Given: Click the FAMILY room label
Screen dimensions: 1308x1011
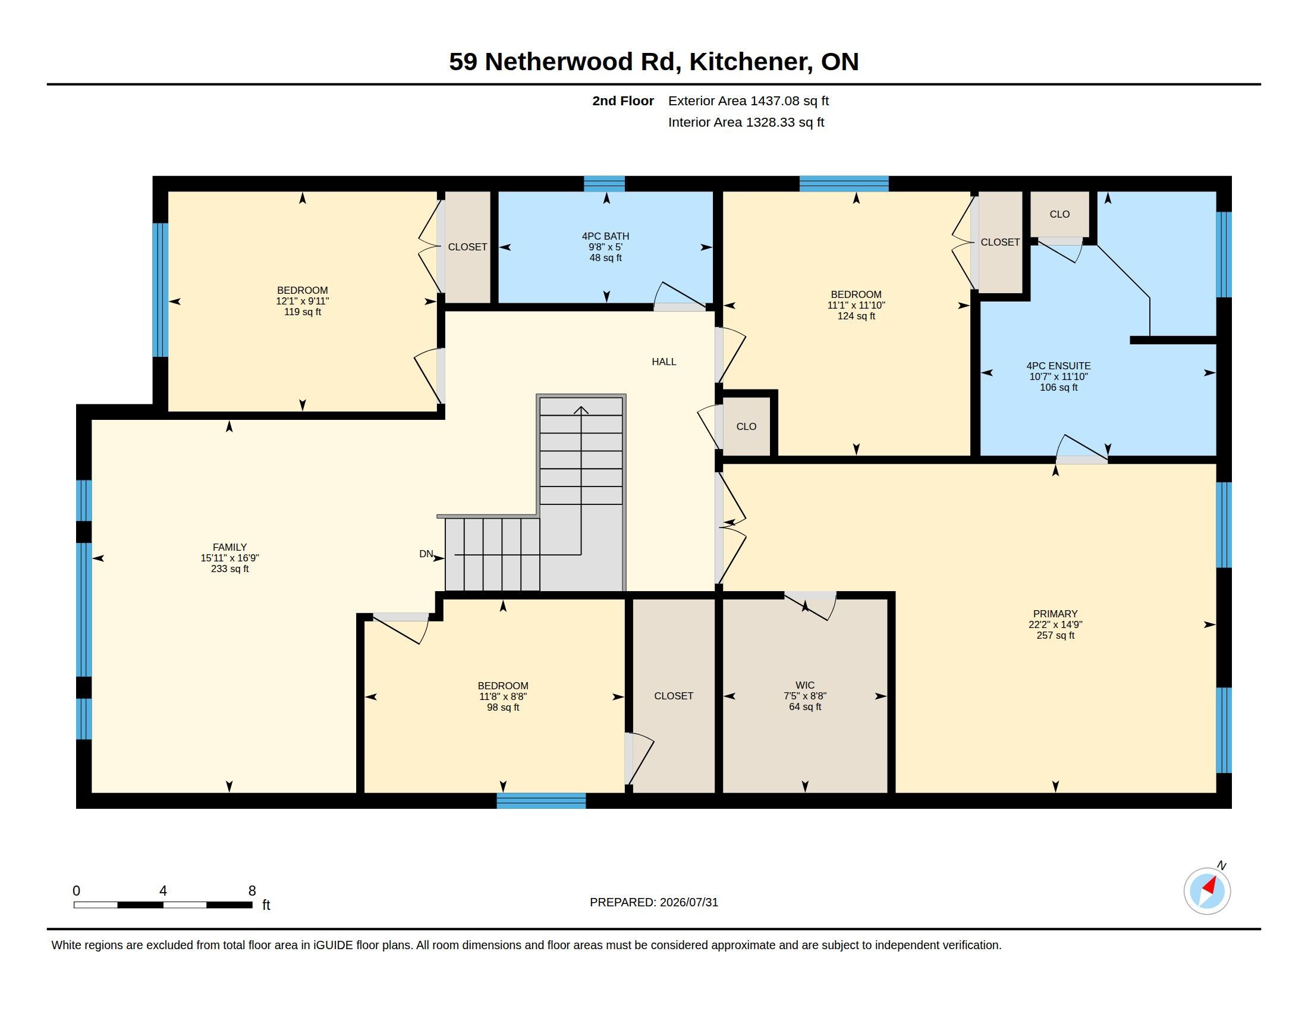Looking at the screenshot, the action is pos(229,547).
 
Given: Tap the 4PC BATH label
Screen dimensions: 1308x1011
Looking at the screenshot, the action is pos(605,236).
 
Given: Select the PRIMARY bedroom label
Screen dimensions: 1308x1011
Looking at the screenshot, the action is pos(1055,613).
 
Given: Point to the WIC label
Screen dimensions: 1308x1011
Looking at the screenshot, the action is pos(805,685).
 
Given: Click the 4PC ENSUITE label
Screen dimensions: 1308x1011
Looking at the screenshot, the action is pos(1058,366).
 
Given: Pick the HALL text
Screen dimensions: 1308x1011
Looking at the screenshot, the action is pos(664,362).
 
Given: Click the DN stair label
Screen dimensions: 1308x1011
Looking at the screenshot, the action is pos(426,554).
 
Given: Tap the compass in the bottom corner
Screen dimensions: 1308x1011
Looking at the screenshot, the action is pos(1207,891).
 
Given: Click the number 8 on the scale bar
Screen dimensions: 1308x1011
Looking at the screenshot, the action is pos(252,891).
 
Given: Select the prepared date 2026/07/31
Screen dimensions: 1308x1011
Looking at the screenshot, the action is pos(688,902).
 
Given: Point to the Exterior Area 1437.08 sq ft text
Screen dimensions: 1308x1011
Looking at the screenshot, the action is pos(749,101).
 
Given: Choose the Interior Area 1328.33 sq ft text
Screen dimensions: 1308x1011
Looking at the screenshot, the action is pos(746,122).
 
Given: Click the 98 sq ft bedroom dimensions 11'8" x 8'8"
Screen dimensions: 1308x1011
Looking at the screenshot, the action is pos(503,696).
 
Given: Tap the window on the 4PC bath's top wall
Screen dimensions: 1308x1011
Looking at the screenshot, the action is pos(604,183).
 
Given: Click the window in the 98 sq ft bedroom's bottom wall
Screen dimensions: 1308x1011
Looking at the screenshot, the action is pos(541,801).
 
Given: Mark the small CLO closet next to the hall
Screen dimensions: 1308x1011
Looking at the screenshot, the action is pos(746,426).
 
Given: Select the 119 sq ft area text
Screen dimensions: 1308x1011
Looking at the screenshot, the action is pos(303,312).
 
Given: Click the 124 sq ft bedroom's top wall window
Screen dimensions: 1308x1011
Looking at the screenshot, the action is pos(844,183).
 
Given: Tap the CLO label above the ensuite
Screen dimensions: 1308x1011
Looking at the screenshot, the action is pos(1059,215).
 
